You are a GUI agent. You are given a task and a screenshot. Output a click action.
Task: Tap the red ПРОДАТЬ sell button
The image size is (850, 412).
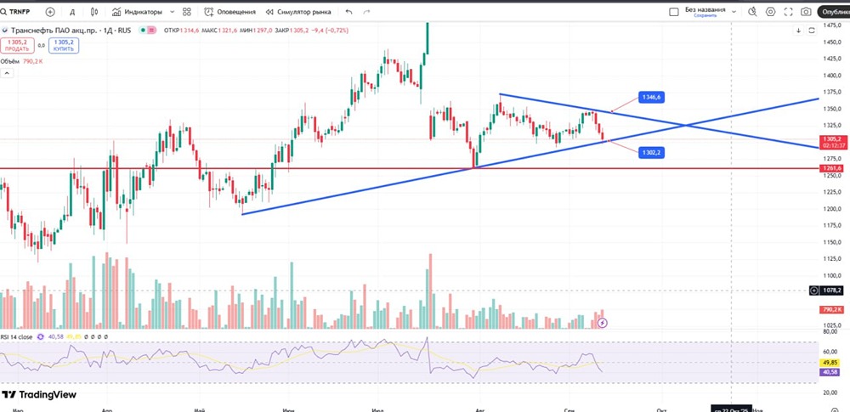[16, 45]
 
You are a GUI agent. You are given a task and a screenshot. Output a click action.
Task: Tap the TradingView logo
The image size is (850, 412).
[39, 394]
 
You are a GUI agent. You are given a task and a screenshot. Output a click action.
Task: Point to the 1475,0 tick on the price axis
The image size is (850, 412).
[831, 25]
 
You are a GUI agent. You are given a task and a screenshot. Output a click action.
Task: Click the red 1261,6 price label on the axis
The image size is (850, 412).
[831, 168]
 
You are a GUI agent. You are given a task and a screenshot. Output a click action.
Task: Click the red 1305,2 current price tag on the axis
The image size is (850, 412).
[831, 139]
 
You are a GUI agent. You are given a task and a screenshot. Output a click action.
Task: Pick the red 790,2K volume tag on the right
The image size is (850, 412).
[831, 309]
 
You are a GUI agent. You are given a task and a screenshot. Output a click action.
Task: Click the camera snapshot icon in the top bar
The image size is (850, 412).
[805, 12]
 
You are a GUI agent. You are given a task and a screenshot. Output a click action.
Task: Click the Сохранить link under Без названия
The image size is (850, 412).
[705, 16]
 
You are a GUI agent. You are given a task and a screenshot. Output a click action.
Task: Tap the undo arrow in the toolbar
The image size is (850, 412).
[349, 12]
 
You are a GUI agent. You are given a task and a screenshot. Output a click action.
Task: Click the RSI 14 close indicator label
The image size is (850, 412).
[16, 337]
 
